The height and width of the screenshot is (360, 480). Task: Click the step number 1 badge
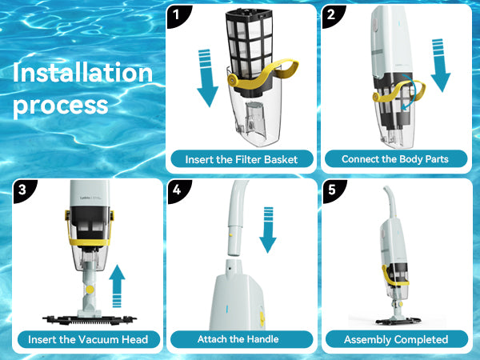click(x=177, y=14)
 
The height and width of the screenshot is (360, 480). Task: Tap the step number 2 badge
click(x=331, y=14)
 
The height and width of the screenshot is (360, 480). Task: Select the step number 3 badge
click(x=22, y=190)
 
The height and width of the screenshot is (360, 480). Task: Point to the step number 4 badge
click(x=178, y=190)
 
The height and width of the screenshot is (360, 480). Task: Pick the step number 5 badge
click(x=333, y=190)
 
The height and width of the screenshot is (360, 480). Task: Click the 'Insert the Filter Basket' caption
click(x=242, y=159)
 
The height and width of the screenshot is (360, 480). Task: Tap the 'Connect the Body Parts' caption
click(x=395, y=159)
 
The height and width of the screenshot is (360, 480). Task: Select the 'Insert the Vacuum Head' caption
click(x=88, y=339)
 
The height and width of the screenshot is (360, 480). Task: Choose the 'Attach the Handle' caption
click(x=238, y=339)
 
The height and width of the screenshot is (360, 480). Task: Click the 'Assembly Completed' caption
click(x=396, y=339)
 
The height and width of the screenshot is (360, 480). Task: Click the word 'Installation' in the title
click(x=82, y=73)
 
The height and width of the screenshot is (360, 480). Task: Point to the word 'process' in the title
click(x=61, y=106)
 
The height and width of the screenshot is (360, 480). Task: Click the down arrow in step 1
click(x=207, y=78)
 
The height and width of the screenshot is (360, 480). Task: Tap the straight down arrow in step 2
click(x=440, y=65)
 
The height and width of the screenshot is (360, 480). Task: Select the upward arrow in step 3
click(x=117, y=286)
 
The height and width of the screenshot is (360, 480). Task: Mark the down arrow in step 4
click(x=268, y=230)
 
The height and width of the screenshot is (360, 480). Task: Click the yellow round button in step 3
click(x=90, y=290)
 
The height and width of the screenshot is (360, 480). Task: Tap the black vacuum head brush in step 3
click(x=90, y=320)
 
